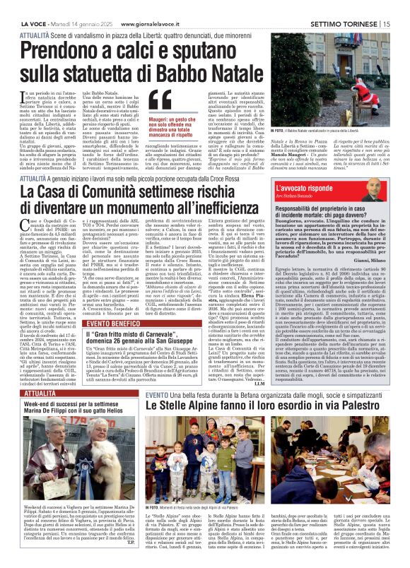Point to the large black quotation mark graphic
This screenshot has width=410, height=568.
point(160,102)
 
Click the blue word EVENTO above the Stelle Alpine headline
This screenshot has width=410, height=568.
point(156,394)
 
